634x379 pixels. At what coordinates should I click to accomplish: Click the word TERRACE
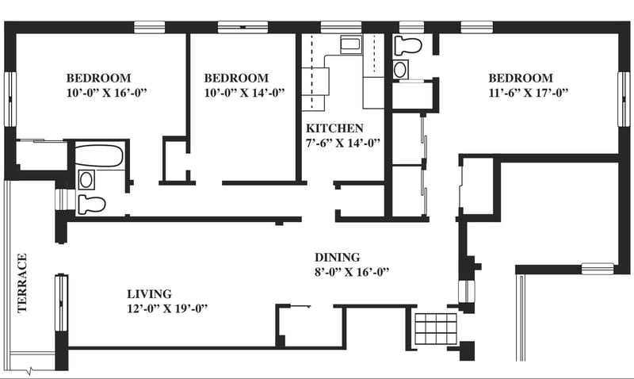(22, 283)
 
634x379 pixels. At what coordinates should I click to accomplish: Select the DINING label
(338, 257)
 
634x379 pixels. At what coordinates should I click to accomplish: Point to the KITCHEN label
(335, 128)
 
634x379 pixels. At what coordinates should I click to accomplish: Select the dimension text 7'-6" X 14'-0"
(343, 143)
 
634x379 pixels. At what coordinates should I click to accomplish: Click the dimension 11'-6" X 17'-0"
(529, 93)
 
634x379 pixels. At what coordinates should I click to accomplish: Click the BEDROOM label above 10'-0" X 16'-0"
(98, 78)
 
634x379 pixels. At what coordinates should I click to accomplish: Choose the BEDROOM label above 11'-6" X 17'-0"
(521, 78)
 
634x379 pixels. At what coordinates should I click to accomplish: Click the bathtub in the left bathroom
(100, 155)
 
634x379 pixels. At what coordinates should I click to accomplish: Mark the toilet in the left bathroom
(91, 204)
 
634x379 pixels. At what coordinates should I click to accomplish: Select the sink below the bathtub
(86, 179)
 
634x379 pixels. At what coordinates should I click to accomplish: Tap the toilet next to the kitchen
(407, 45)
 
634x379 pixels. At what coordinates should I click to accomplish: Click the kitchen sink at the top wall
(350, 44)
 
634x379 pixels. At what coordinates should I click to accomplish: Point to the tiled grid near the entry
(436, 328)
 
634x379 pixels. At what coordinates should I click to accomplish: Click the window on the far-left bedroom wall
(10, 99)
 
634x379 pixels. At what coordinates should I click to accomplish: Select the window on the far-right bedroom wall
(624, 98)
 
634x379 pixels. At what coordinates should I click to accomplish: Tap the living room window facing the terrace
(61, 302)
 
